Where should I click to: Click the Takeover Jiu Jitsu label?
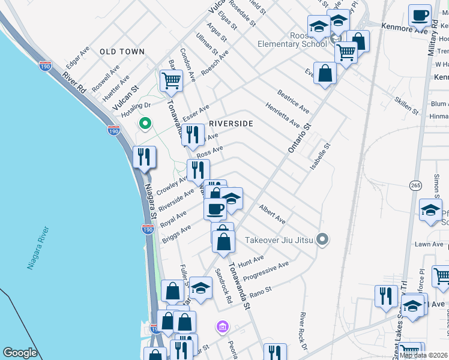pos(280,241)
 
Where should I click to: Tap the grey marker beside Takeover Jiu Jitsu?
pos(323,240)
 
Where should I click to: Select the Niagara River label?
pos(37,248)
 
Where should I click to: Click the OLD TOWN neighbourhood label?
pos(122,52)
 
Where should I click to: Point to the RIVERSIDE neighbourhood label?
pos(231,124)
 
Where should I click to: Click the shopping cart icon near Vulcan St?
pos(172,80)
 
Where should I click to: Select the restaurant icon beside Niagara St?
pos(144,157)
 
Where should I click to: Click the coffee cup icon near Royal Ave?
pos(215,208)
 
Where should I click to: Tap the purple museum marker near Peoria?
pos(223,327)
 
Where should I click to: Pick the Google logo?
pos(20,353)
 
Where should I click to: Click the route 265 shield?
pos(415,183)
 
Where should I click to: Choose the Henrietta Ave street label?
pos(283,114)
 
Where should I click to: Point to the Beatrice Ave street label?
pos(293,101)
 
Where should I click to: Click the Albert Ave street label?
pos(272,211)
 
